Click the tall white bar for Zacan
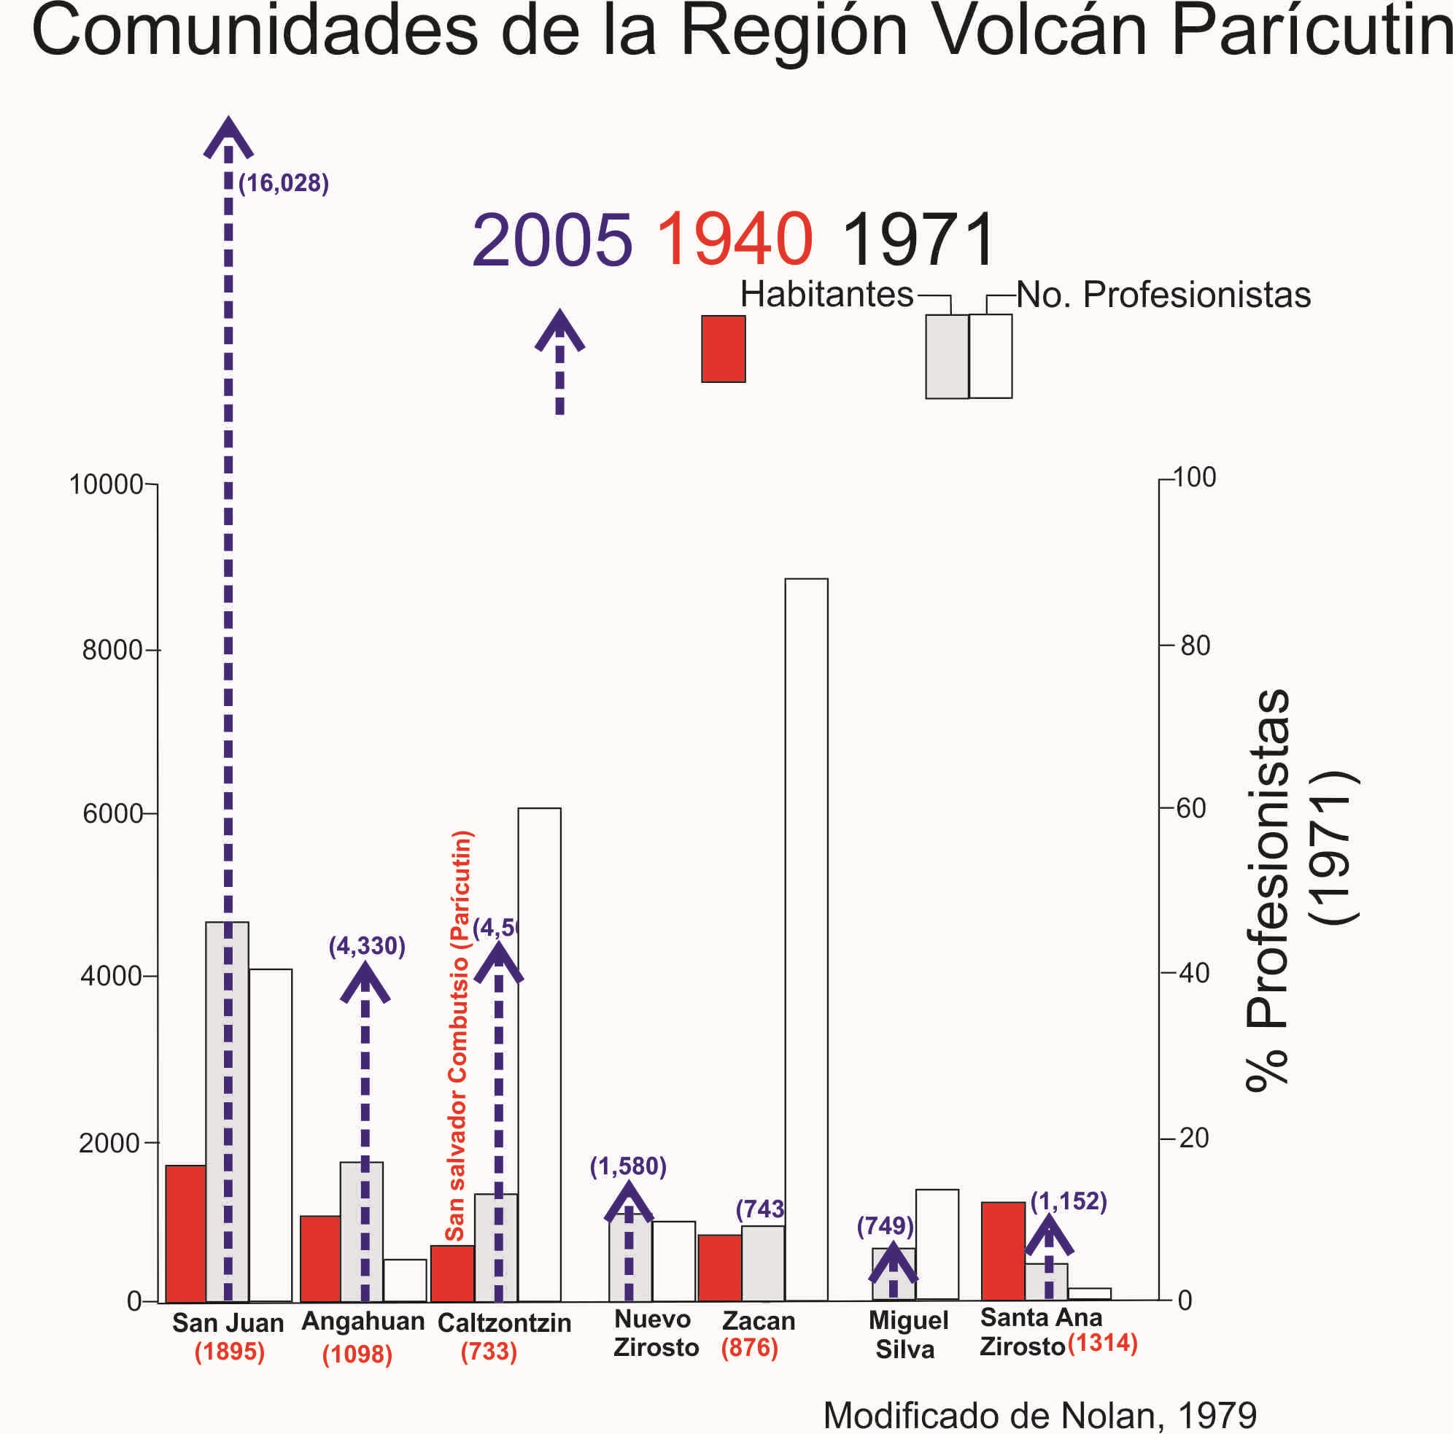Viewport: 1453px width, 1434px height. point(806,940)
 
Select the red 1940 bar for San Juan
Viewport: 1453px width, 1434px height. point(186,1233)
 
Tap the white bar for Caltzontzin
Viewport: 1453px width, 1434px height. point(539,1053)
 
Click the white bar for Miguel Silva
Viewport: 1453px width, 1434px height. point(937,1244)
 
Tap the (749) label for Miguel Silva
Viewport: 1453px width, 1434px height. point(886,1226)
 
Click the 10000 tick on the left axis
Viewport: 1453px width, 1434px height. point(106,485)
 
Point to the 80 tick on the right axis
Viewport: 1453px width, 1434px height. point(1195,646)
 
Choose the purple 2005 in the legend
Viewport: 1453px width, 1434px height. point(552,241)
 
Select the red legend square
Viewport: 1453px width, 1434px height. point(723,349)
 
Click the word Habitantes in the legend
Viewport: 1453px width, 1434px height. point(826,294)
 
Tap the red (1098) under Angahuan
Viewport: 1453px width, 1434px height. point(357,1354)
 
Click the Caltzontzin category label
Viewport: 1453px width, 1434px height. point(504,1322)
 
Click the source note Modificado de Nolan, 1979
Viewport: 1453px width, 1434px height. point(1040,1414)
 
